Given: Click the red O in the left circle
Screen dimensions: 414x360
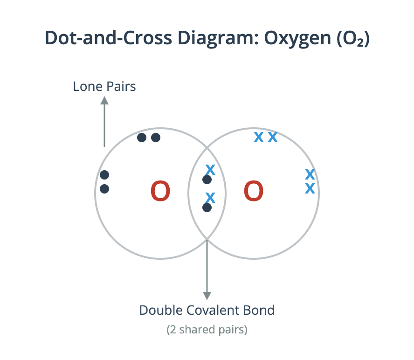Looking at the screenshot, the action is [x=160, y=191].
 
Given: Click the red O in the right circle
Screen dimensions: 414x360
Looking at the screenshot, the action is [x=254, y=191].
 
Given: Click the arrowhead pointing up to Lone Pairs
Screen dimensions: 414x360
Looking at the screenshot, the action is [x=104, y=100].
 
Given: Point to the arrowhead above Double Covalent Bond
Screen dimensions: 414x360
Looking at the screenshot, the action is [x=207, y=296].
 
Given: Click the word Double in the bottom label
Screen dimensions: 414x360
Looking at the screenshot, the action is [x=161, y=310].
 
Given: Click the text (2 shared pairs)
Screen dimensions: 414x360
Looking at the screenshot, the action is [x=207, y=330].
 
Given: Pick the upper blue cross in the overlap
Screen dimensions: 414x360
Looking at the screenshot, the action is [x=210, y=170].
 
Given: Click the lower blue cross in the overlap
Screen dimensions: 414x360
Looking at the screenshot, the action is [x=210, y=198].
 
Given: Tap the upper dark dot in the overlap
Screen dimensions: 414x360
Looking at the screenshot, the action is [x=207, y=180].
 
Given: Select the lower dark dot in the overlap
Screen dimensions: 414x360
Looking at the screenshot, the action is [x=207, y=208].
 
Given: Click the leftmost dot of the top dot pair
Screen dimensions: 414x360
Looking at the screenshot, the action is [x=142, y=138].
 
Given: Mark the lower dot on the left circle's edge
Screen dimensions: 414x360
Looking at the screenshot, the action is [x=104, y=189].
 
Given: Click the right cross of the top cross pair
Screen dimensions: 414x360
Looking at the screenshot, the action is [x=273, y=138].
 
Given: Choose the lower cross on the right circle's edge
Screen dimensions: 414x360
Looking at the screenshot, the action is [x=310, y=188].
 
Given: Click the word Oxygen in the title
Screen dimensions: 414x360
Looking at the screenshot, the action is [x=298, y=38].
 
